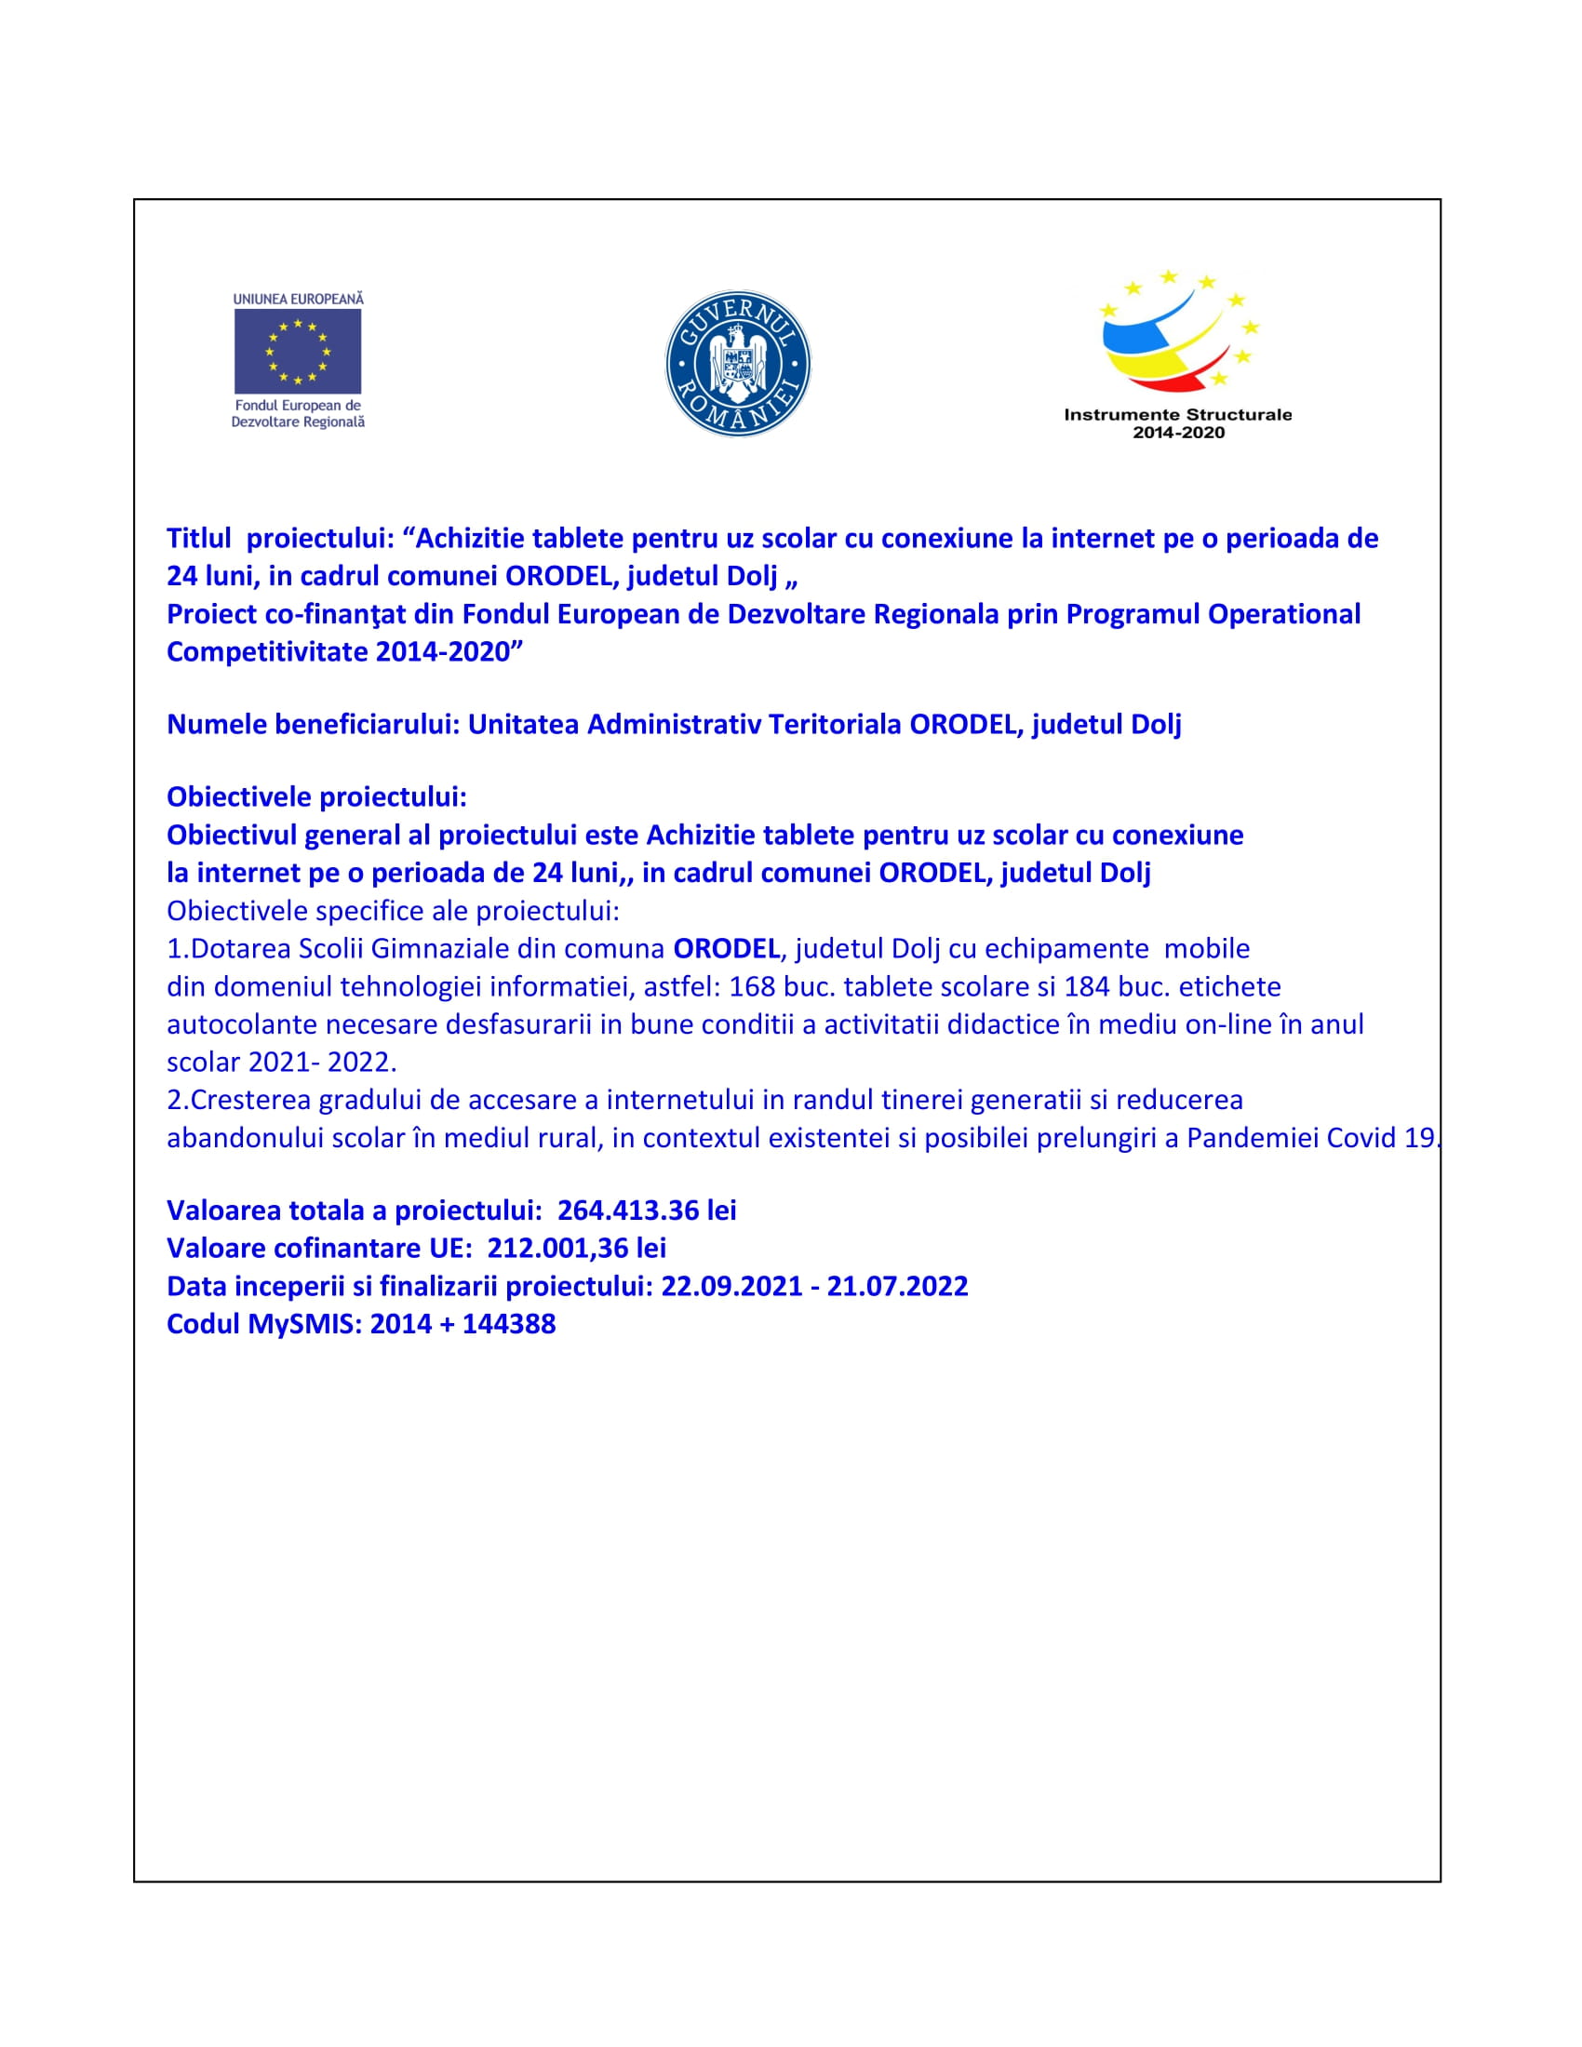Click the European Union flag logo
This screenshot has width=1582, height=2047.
click(297, 352)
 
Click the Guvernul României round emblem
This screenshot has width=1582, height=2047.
click(738, 364)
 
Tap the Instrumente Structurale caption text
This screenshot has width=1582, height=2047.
click(1177, 414)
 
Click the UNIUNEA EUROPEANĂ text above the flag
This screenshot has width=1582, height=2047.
click(298, 299)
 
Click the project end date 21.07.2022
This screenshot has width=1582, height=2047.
click(897, 1286)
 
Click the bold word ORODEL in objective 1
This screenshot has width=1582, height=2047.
click(727, 948)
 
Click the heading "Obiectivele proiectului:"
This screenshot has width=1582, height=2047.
click(316, 796)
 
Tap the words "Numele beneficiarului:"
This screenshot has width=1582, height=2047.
click(313, 724)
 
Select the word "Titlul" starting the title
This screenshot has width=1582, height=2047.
click(199, 538)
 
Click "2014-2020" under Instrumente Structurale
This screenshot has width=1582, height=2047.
click(1178, 432)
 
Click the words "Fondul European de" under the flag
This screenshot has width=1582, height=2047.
click(298, 406)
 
